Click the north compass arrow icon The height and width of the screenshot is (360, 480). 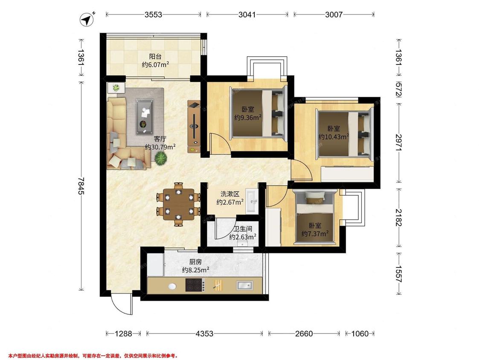click(x=87, y=19)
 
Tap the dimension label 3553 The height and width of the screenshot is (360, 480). click(x=153, y=15)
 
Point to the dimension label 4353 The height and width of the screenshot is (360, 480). click(x=204, y=334)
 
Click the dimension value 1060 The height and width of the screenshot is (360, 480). click(x=360, y=334)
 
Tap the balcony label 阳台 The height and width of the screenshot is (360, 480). click(x=155, y=57)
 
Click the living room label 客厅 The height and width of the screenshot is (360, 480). click(x=160, y=139)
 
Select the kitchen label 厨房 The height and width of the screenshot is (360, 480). click(x=195, y=262)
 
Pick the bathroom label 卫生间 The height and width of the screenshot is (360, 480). click(x=243, y=229)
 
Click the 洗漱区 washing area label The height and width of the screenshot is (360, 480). click(x=230, y=194)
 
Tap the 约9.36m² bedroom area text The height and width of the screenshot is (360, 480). click(x=248, y=118)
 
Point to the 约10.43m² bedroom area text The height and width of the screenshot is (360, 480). click(x=334, y=137)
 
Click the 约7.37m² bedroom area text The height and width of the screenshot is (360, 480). click(x=315, y=234)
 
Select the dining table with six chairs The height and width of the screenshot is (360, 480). click(x=178, y=204)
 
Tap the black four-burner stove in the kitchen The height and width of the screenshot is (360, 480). click(x=195, y=285)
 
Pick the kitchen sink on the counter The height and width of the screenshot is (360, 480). click(x=245, y=286)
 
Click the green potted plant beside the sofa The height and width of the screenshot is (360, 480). click(x=160, y=159)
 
